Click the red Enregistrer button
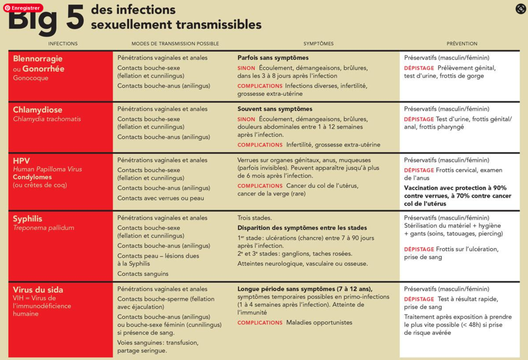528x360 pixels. [23, 8]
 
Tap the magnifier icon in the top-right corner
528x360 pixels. [520, 8]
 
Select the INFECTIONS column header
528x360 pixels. [63, 44]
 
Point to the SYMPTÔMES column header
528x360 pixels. [318, 44]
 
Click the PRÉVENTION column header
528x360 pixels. [461, 44]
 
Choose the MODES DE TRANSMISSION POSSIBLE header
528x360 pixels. [175, 44]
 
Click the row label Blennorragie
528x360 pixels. [37, 59]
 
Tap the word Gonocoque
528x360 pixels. [31, 78]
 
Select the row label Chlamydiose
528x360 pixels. [37, 110]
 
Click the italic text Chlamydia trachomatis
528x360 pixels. [47, 119]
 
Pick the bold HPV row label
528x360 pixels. [21, 160]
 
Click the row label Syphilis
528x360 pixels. [27, 219]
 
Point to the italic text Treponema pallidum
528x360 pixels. [43, 228]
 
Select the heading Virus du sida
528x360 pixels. [38, 290]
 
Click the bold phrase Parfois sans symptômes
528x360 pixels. [273, 58]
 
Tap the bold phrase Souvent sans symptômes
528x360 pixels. [275, 109]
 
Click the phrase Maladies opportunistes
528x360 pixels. [319, 323]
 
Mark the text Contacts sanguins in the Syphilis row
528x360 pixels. [143, 274]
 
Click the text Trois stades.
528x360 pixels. [254, 218]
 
